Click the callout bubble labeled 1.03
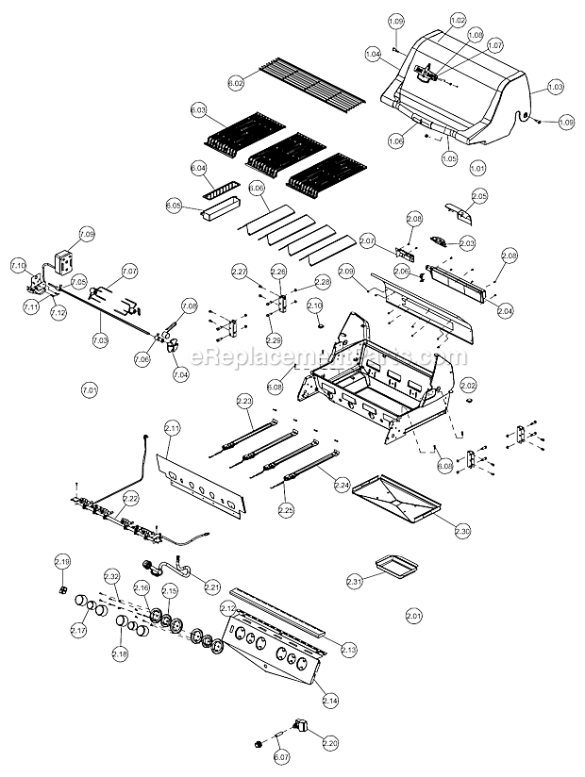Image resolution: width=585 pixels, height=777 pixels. point(555,87)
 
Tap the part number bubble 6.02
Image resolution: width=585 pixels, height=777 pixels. point(236,83)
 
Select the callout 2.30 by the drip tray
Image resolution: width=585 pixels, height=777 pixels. point(461,532)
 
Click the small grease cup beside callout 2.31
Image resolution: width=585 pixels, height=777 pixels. point(392,569)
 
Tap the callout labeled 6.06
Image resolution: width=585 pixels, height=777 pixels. point(257,189)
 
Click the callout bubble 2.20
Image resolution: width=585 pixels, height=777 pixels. point(329,743)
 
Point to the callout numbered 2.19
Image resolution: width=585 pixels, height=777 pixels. point(62,562)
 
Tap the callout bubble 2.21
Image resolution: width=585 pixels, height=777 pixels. point(211,587)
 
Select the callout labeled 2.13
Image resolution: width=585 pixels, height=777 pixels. point(348,650)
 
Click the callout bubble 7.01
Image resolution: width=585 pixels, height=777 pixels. point(90,389)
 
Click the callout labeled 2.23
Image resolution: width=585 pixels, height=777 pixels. point(244,401)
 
